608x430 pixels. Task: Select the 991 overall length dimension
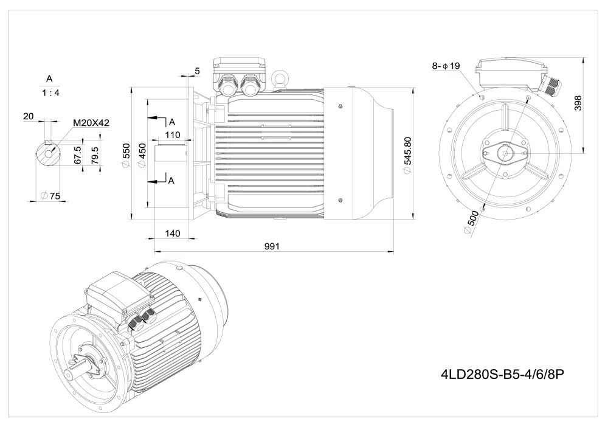tap(272, 246)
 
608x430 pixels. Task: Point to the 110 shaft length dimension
tap(173, 135)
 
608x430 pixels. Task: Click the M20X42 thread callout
tap(91, 123)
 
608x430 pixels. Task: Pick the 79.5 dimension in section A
tap(95, 151)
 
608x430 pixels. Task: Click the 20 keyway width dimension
tap(28, 116)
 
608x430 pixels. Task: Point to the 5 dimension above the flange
tap(197, 71)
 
